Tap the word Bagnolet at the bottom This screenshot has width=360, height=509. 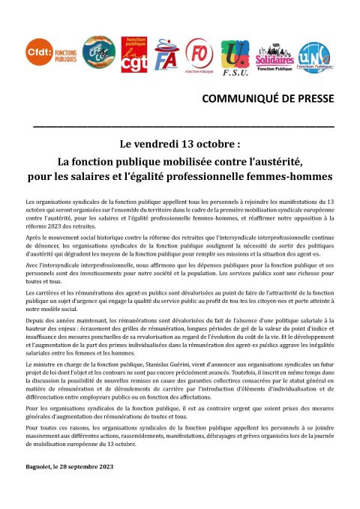click(x=39, y=467)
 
